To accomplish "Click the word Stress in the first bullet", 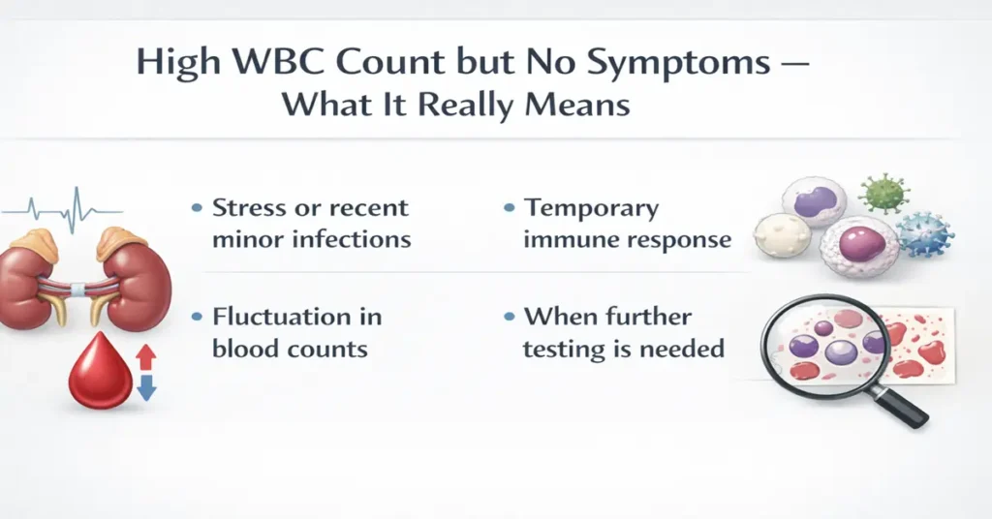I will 248,207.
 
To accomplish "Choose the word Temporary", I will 591,207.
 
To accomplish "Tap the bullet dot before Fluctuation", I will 197,318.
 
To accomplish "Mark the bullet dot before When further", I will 509,318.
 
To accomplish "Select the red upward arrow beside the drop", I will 145,356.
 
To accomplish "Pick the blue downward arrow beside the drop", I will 145,388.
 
